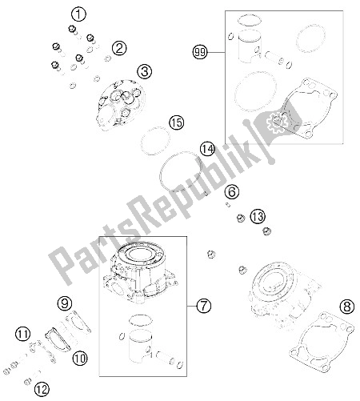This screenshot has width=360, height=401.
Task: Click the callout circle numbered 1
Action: pyautogui.click(x=78, y=14)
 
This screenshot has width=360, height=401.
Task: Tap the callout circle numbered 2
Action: pyautogui.click(x=119, y=48)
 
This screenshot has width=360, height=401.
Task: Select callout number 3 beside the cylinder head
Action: pyautogui.click(x=145, y=71)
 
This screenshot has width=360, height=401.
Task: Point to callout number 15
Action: pyautogui.click(x=177, y=122)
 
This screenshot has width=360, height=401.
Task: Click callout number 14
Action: pyautogui.click(x=208, y=149)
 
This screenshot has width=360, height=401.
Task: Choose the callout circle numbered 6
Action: pyautogui.click(x=232, y=191)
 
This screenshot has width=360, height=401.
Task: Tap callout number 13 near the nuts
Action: pyautogui.click(x=258, y=216)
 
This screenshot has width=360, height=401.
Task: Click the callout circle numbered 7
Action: pyautogui.click(x=204, y=306)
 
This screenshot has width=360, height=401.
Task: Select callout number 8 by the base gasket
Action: pyautogui.click(x=347, y=307)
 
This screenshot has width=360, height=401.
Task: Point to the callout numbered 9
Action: pyautogui.click(x=65, y=303)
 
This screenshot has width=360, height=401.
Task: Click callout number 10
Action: pyautogui.click(x=80, y=359)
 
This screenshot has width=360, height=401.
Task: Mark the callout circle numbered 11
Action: pyautogui.click(x=23, y=334)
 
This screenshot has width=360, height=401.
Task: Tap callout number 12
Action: pyautogui.click(x=42, y=389)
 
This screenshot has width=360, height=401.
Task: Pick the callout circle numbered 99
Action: pyautogui.click(x=200, y=52)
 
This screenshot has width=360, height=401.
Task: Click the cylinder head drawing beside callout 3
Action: pyautogui.click(x=122, y=105)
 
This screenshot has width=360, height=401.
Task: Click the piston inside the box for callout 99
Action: pyautogui.click(x=250, y=46)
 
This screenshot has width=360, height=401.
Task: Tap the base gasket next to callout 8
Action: pyautogui.click(x=322, y=343)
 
